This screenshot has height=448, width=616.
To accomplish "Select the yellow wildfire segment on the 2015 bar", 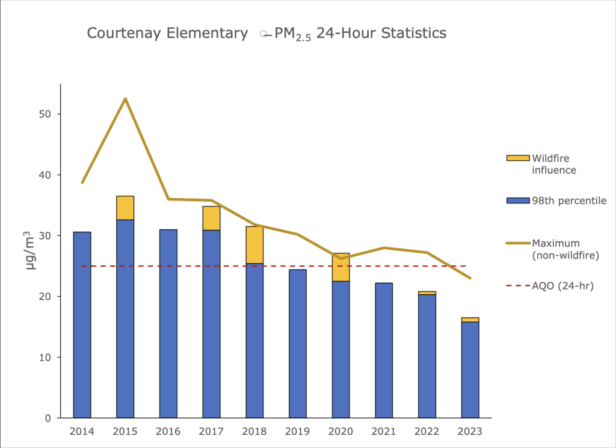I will (x=125, y=208).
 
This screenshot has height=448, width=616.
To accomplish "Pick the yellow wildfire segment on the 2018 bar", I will (x=254, y=244).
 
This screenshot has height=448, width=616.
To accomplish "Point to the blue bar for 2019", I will (x=297, y=343).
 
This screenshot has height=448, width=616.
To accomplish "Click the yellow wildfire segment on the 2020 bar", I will (x=340, y=267).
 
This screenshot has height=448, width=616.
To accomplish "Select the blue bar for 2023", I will (x=470, y=370).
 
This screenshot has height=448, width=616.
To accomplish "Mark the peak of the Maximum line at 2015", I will (x=125, y=98).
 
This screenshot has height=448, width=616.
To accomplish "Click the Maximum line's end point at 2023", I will (x=470, y=278).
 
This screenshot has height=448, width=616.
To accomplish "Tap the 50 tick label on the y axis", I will (x=46, y=114).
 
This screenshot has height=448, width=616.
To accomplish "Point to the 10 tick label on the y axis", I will (x=46, y=357).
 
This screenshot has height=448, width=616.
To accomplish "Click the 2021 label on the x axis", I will (x=384, y=432).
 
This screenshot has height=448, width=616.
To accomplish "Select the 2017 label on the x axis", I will (x=211, y=432).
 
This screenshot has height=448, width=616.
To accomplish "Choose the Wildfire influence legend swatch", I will (x=517, y=158).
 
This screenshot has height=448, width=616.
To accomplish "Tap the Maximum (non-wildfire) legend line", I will (x=517, y=243).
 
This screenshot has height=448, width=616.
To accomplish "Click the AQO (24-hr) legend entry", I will (x=563, y=286).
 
